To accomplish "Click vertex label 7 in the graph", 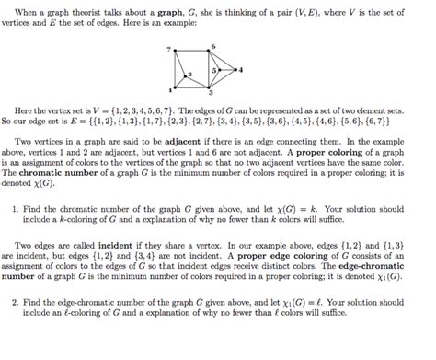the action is [168, 47].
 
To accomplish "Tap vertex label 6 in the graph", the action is [212, 45].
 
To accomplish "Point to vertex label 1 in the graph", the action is [169, 89].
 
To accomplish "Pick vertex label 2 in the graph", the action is [189, 73].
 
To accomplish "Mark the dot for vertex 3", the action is [211, 87].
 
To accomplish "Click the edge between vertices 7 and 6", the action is [192, 52].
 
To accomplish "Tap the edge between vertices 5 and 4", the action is [227, 69].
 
